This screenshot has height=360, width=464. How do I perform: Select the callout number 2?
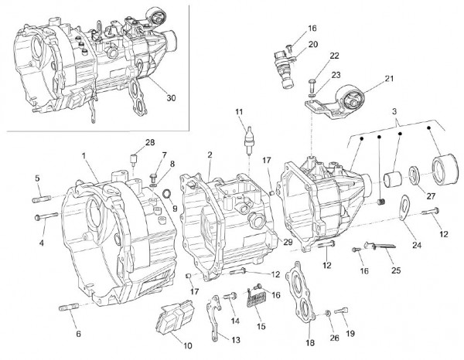click(210, 156)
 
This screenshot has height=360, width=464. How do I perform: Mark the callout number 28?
click(149, 142)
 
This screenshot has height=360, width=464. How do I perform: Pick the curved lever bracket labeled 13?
click(217, 320)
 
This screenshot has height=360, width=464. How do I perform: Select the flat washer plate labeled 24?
click(404, 207)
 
